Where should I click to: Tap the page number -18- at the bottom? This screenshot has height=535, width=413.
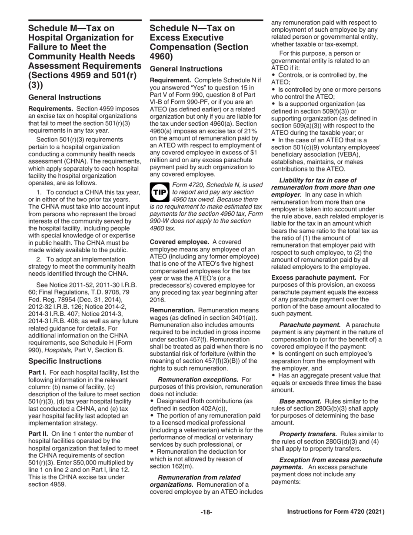pos(206,512)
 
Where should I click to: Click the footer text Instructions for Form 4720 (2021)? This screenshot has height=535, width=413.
pos(336,512)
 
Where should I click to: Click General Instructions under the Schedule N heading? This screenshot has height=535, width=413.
pos(186,69)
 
